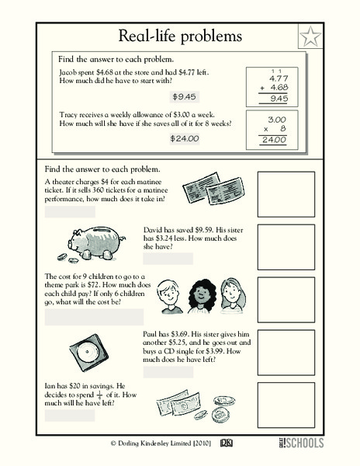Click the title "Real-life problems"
[x=180, y=36]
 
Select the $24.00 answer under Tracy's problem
[x=184, y=138]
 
